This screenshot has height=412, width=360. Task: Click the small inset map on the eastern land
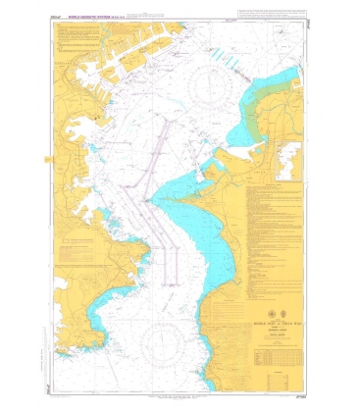click(x=288, y=159)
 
